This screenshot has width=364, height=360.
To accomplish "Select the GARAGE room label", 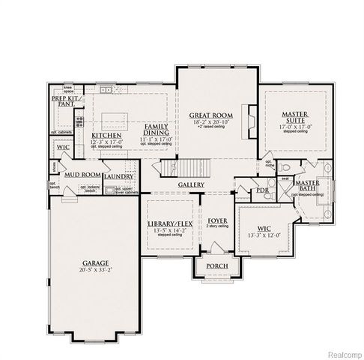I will (95, 263).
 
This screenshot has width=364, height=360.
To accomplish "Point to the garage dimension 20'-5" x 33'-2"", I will (95, 271).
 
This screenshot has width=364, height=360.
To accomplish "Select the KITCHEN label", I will (106, 135).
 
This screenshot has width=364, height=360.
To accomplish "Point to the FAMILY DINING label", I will (157, 130).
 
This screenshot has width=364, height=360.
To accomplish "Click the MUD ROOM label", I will (82, 175).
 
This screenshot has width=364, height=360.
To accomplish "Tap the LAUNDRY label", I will (119, 176).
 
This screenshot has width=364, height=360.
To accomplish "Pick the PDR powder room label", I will (261, 190).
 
